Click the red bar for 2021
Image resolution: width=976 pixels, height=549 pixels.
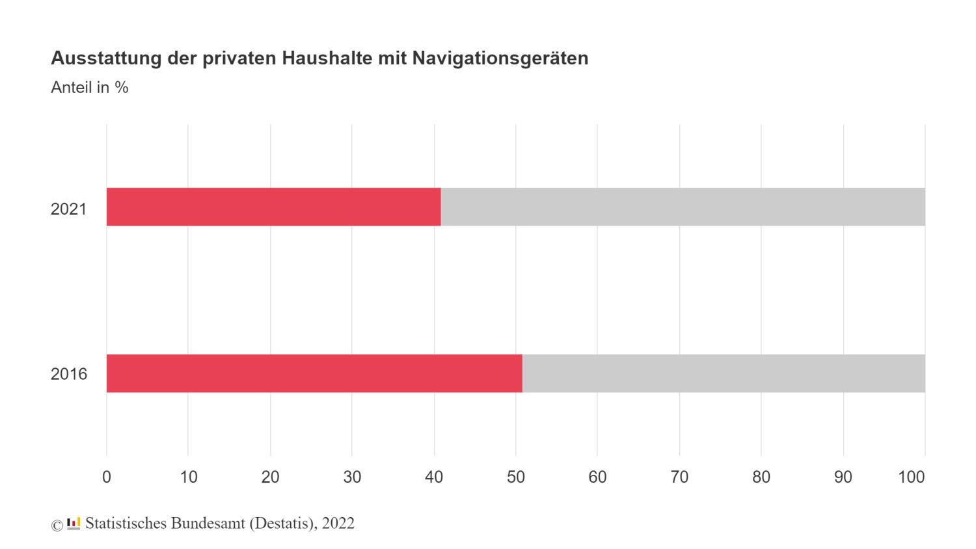[x=273, y=207]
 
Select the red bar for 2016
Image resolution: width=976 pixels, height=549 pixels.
[x=314, y=373]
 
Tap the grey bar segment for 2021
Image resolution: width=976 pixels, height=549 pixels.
[x=683, y=207]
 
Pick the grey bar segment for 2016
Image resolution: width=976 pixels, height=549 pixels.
[x=724, y=373]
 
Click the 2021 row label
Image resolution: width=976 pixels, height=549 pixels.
[x=68, y=209]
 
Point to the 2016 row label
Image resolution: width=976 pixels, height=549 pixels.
[x=68, y=374]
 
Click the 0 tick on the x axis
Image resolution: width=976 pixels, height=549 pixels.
[x=107, y=477]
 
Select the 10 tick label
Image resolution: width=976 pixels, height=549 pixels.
[x=189, y=477]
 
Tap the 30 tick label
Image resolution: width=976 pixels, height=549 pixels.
[x=352, y=477]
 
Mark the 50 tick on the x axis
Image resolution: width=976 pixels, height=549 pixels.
[x=516, y=477]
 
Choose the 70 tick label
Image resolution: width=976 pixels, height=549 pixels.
[x=679, y=477]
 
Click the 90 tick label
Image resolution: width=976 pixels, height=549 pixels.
[x=843, y=477]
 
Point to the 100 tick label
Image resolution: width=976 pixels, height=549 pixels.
[x=911, y=477]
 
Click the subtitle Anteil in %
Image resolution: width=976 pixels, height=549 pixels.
[x=90, y=88]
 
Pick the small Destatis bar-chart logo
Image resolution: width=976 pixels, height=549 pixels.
[x=74, y=523]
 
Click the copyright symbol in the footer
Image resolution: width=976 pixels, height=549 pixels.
[x=57, y=525]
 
